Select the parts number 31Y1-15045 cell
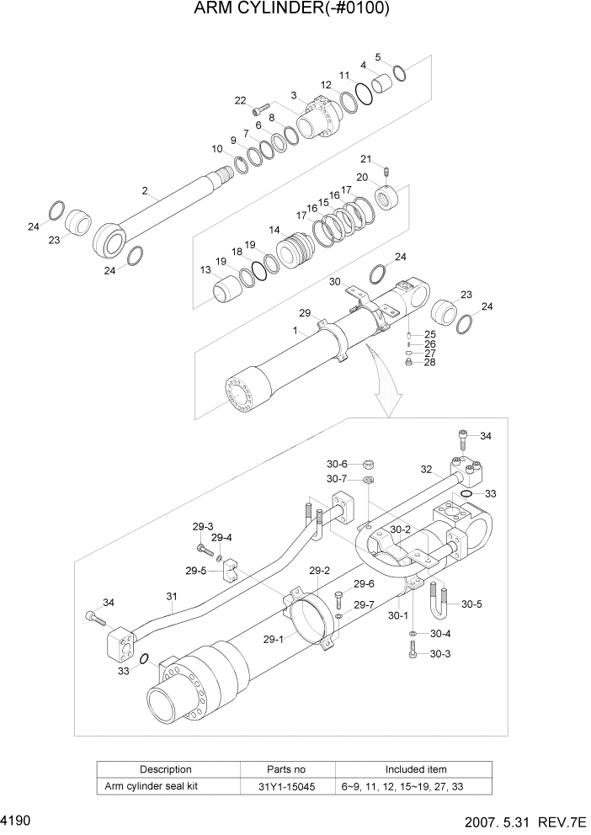(288, 786)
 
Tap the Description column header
(166, 769)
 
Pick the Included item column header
(416, 769)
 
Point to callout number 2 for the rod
(145, 192)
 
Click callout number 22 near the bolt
(240, 101)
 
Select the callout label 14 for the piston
(274, 229)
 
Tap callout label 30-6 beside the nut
(337, 464)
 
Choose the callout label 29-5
(195, 571)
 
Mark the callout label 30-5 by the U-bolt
(471, 604)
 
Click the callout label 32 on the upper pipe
(426, 470)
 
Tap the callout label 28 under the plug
(429, 363)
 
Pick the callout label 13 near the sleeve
(205, 270)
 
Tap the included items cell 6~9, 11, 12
(416, 786)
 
